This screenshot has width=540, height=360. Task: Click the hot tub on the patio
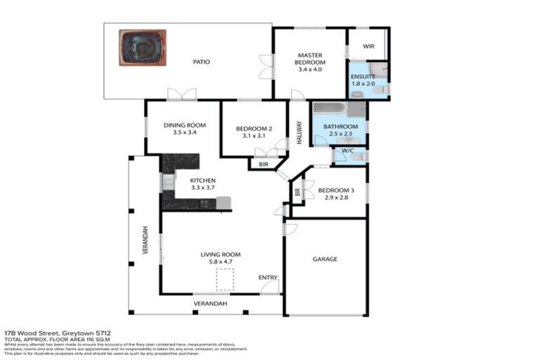(x=142, y=47)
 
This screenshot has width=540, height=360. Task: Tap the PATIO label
(x=202, y=62)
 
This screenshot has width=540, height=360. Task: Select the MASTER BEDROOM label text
(x=309, y=58)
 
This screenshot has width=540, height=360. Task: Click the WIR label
(x=368, y=46)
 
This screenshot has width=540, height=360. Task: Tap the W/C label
(x=347, y=150)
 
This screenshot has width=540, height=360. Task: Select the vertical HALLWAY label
(x=299, y=132)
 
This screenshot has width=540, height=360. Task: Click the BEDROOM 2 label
(x=253, y=129)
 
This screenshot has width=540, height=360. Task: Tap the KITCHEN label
(x=203, y=181)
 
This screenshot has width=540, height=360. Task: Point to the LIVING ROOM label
(x=221, y=254)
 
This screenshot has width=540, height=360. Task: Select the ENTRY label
(x=268, y=277)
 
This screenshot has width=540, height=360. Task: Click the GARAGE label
(x=325, y=259)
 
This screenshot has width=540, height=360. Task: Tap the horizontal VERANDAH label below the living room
(x=211, y=304)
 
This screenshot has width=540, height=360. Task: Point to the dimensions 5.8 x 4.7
(x=221, y=262)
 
